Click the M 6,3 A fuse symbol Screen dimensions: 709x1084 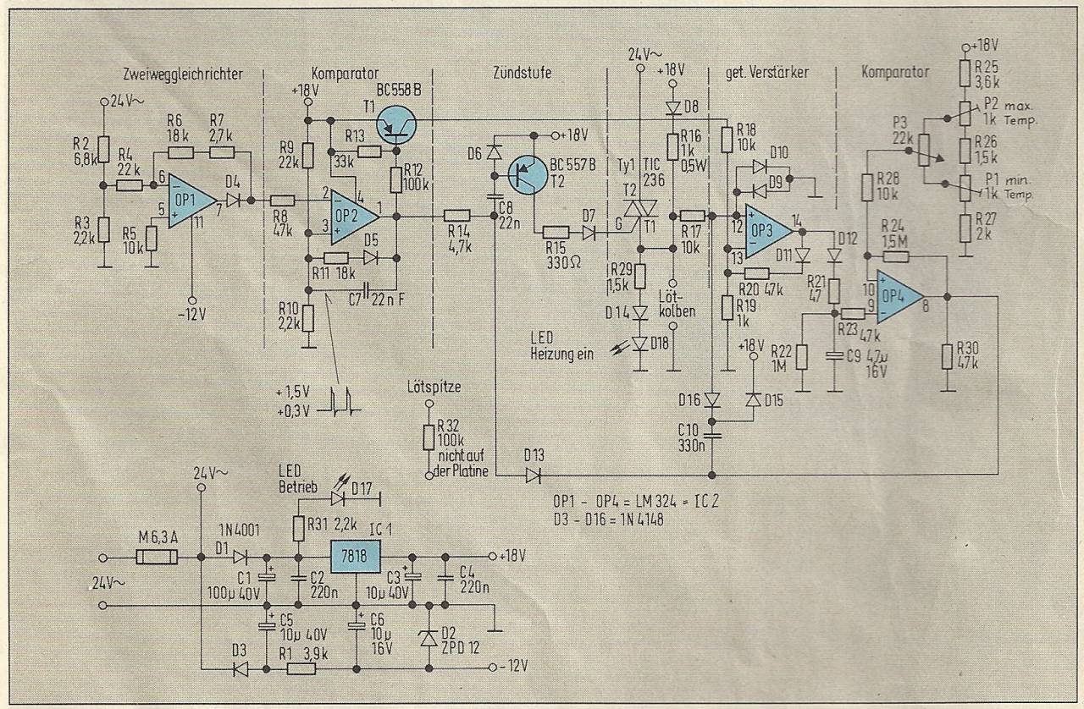[158, 558]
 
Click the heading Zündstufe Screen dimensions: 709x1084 [521, 74]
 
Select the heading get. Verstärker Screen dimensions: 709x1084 [768, 74]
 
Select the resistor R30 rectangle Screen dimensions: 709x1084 [948, 357]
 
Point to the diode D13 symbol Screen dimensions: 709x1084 [532, 476]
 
